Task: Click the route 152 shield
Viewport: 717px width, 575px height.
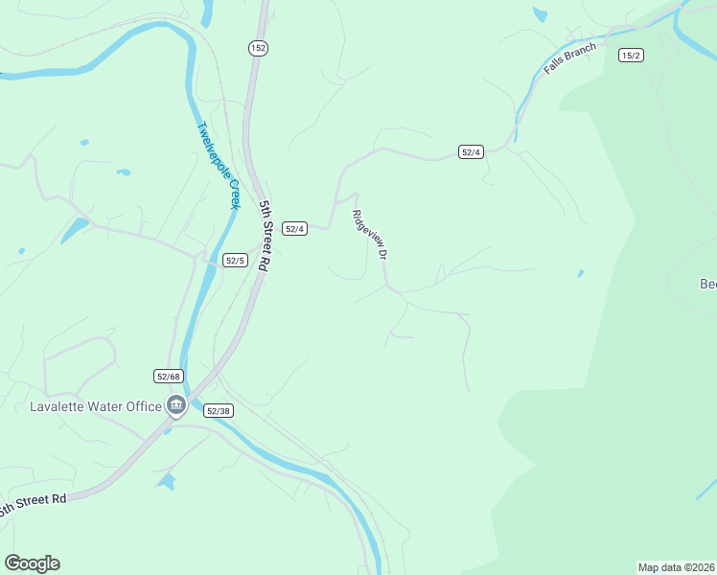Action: pyautogui.click(x=258, y=48)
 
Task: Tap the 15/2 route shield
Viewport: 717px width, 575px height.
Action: pyautogui.click(x=631, y=56)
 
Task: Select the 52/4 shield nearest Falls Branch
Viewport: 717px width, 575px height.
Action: pyautogui.click(x=471, y=152)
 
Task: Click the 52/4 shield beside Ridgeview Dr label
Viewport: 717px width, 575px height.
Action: pyautogui.click(x=295, y=228)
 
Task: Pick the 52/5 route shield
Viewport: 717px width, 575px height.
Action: pyautogui.click(x=236, y=260)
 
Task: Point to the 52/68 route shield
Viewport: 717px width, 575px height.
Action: pyautogui.click(x=168, y=376)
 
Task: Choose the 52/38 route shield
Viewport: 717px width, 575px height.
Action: pyautogui.click(x=219, y=410)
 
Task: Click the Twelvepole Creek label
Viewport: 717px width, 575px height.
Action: pyautogui.click(x=218, y=165)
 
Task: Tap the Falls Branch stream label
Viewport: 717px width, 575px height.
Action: pyautogui.click(x=569, y=59)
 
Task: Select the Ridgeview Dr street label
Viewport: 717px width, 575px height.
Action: pyautogui.click(x=369, y=235)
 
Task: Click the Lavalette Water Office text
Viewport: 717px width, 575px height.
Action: pyautogui.click(x=96, y=406)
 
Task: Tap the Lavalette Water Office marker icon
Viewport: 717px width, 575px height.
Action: pyautogui.click(x=176, y=406)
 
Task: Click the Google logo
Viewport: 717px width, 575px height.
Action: pyautogui.click(x=32, y=563)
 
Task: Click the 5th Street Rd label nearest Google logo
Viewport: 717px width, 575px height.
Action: pyautogui.click(x=35, y=504)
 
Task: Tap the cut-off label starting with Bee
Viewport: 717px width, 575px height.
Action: pyautogui.click(x=707, y=284)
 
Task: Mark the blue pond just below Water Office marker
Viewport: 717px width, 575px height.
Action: pyautogui.click(x=167, y=481)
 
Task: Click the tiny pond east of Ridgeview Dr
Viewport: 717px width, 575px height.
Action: pyautogui.click(x=581, y=273)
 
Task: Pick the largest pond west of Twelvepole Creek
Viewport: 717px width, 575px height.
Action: pyautogui.click(x=74, y=230)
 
